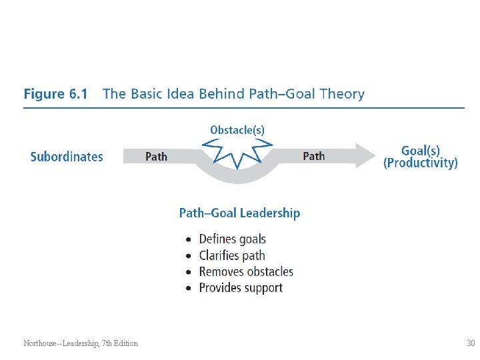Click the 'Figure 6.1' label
55,94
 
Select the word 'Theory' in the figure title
342,94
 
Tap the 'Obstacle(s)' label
237,130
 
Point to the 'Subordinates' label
67,157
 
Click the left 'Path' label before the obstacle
156,157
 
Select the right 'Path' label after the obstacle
314,156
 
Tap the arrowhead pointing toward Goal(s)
365,155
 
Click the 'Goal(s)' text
421,151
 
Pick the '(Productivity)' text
421,163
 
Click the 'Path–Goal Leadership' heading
239,213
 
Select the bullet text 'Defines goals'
232,239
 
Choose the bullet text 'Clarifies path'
232,255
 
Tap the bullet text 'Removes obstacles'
246,271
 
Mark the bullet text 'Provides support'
241,288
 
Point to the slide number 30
471,343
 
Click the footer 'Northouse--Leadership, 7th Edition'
81,343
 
